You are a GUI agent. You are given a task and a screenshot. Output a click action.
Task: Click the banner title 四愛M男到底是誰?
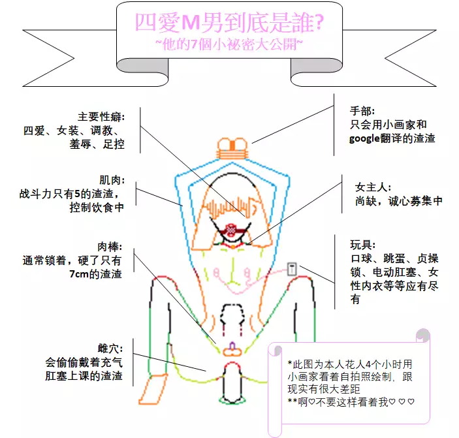pos(230,23)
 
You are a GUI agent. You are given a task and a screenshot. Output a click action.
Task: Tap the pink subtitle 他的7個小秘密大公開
pos(230,44)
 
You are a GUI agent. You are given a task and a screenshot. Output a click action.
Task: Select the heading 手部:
pos(362,111)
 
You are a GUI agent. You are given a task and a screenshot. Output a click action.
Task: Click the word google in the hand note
pos(364,138)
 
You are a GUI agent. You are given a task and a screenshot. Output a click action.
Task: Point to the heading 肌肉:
pos(112,180)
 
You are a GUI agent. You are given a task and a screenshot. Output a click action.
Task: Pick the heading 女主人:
pos(373,187)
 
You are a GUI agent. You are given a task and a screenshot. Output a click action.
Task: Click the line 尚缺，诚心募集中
pos(399,201)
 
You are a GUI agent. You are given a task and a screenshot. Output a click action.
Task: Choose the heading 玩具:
pos(362,245)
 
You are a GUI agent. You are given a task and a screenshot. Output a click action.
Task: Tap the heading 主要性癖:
pos(101,117)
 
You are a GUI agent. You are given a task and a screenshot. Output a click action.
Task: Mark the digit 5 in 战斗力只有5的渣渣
pos(77,194)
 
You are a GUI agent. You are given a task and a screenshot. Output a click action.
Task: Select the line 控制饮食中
pos(97,208)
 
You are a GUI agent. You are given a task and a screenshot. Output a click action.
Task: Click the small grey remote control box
pos(292,269)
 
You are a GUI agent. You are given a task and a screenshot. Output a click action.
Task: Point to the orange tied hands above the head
pos(232,149)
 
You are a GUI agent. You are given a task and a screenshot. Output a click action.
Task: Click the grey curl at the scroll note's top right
pos(422,335)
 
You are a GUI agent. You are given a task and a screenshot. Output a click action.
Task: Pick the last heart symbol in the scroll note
pos(411,402)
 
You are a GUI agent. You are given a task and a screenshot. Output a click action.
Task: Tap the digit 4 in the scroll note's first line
pos(368,364)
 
